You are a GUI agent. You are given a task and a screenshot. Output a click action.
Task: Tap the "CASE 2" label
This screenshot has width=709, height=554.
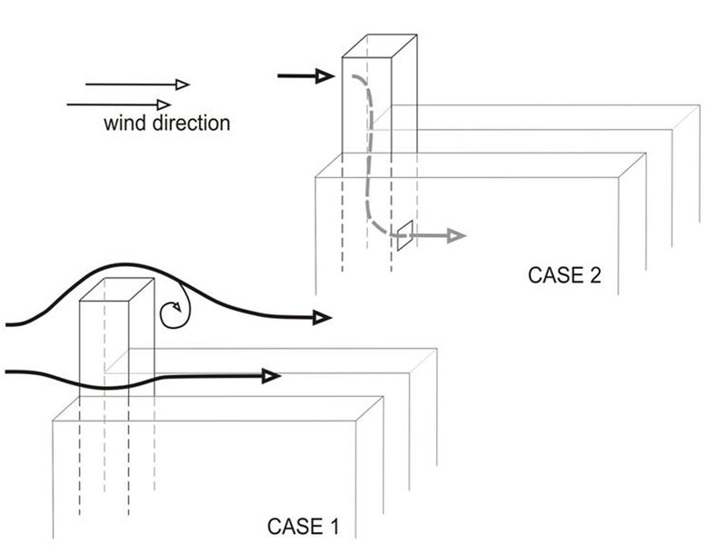pos(564,274)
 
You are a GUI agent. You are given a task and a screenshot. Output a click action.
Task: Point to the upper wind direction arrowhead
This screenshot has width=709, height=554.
pos(182,84)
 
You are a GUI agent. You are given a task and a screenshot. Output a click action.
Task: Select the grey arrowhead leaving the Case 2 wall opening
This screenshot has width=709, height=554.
pos(456,236)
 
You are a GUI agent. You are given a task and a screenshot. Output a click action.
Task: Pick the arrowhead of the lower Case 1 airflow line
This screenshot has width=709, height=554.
pos(270,376)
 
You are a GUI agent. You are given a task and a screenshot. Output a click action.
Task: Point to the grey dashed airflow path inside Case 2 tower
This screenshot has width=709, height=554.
pos(370,154)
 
